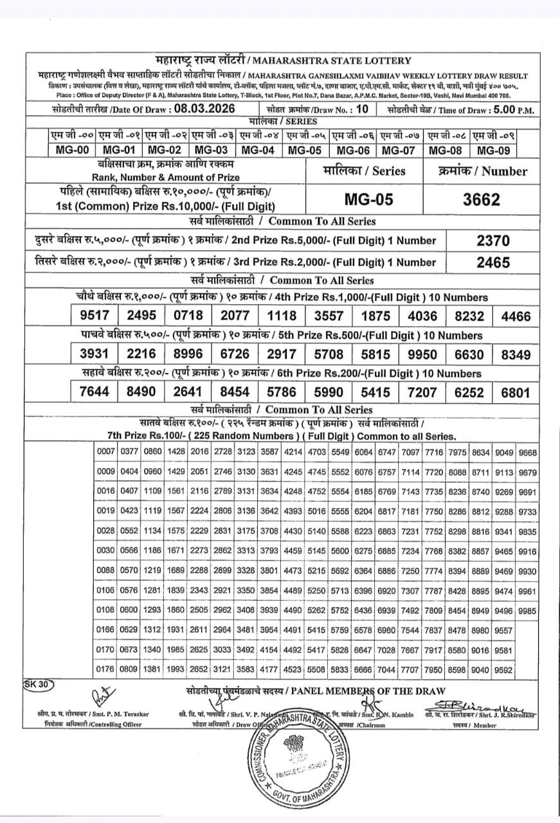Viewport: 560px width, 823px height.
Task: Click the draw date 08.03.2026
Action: pos(202,109)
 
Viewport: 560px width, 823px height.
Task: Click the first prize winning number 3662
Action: pos(482,200)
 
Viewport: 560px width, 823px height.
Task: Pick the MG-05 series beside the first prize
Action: pos(368,200)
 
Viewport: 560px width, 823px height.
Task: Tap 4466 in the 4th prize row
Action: pos(516,316)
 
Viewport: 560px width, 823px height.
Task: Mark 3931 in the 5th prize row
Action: pos(95,354)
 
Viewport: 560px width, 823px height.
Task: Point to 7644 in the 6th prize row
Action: pos(95,392)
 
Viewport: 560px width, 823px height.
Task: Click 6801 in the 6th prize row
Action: pos(516,392)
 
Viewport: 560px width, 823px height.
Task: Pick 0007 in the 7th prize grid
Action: pos(106,452)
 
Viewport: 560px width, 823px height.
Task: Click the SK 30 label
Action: pos(39,684)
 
